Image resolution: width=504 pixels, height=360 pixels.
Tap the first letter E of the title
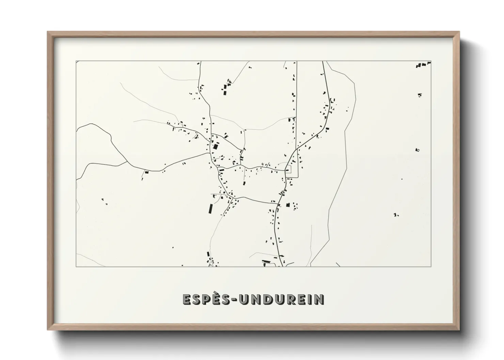(187, 299)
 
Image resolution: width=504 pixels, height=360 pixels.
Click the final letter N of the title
(319, 299)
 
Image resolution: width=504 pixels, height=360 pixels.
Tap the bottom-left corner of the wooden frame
(48, 330)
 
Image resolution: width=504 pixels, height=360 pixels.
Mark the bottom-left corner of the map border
(76, 266)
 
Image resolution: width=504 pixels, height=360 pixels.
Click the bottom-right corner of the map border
(431, 266)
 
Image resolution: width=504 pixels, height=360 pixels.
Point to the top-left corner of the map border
(76, 61)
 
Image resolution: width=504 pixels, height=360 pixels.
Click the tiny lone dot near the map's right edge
(401, 179)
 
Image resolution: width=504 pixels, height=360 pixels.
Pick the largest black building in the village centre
(215, 147)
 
